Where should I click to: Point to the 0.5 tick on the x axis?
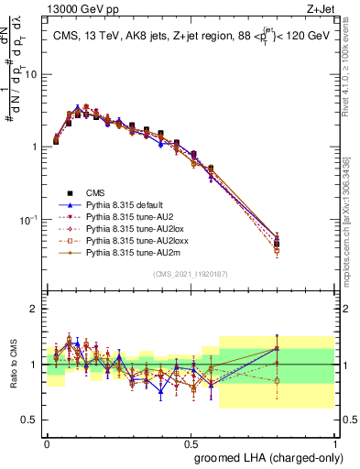point(191,441)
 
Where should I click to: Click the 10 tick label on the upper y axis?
point(32,74)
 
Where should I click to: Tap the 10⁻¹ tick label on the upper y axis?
point(30,220)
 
